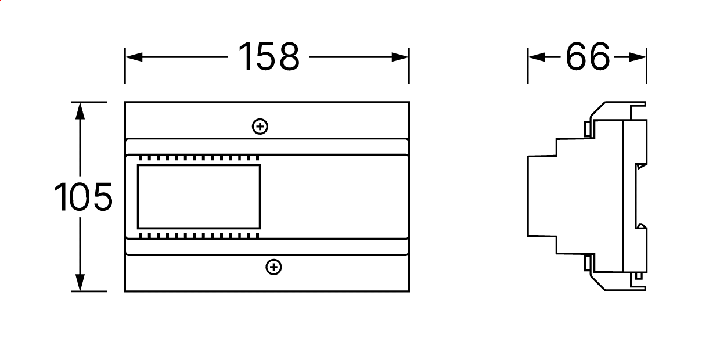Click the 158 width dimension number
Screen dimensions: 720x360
[269, 56]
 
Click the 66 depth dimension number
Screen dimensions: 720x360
[588, 56]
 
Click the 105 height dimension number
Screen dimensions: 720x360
[83, 197]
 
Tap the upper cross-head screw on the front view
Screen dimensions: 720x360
[260, 127]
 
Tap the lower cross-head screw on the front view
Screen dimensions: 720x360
[274, 267]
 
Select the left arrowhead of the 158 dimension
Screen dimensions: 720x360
[134, 57]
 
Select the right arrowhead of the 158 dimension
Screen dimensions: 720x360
[400, 57]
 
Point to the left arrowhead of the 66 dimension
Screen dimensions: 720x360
[537, 57]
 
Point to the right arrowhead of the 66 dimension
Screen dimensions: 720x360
[638, 57]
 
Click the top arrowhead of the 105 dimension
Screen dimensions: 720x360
[80, 111]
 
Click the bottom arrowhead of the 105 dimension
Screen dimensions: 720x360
[80, 283]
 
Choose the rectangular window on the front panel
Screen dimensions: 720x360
[199, 197]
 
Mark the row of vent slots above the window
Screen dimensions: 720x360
[199, 158]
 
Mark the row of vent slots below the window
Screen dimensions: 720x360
[199, 236]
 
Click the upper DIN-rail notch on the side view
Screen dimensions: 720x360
[641, 166]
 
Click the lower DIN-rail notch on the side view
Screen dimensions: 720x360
[641, 226]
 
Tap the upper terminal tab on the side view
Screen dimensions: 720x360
[587, 129]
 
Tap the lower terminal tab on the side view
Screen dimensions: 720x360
[587, 263]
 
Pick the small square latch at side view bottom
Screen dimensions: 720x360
[639, 276]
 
